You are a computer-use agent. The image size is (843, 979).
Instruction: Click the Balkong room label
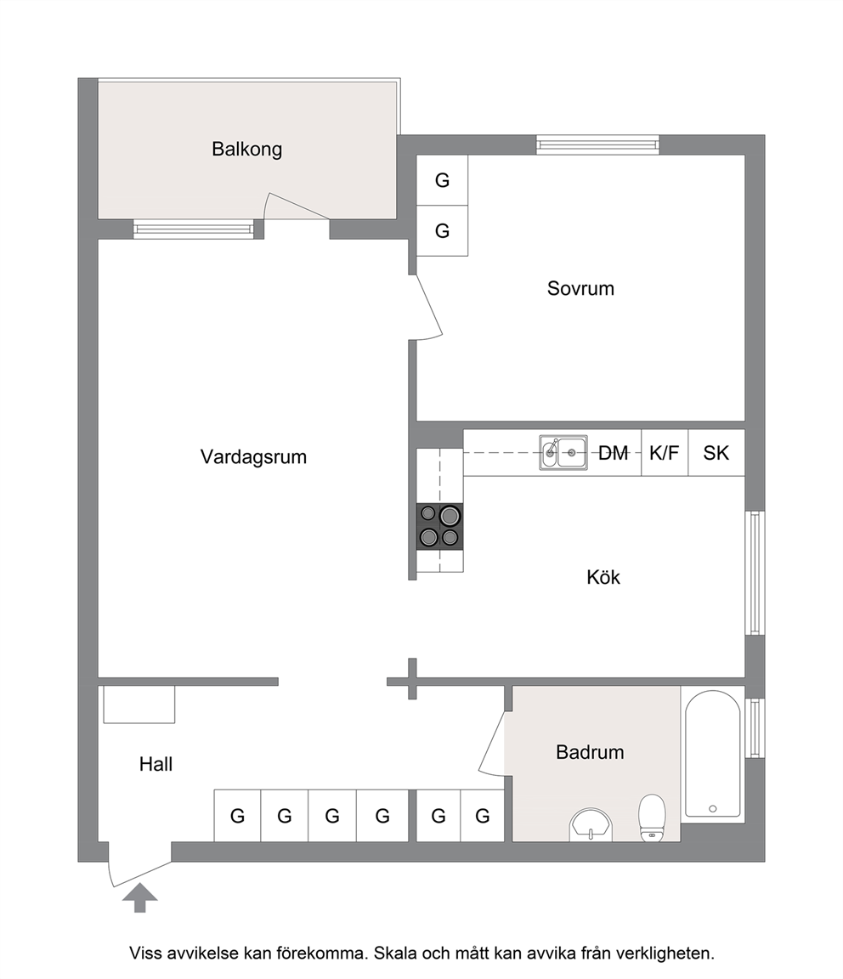[246, 150]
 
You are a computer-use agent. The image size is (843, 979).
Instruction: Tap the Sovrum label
[580, 288]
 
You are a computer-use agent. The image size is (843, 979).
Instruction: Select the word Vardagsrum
[253, 457]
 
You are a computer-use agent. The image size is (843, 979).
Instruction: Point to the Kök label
[603, 577]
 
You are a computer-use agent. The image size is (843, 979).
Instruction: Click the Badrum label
[590, 752]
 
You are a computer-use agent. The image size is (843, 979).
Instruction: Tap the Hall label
[156, 764]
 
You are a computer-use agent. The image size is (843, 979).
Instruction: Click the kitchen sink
[563, 453]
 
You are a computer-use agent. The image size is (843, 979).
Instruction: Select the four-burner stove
[440, 526]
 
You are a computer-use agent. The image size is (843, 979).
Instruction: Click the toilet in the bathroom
[652, 818]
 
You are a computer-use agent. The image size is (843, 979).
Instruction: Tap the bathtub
[712, 754]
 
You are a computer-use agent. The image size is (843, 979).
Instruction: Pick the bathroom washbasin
[591, 825]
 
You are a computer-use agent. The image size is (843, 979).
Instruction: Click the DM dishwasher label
[614, 453]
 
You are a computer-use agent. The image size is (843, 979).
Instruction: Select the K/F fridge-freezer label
[664, 453]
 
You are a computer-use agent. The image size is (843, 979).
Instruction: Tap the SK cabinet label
[716, 453]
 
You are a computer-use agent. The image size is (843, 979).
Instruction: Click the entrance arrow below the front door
[140, 897]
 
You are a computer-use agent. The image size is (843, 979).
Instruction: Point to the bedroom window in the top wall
[597, 144]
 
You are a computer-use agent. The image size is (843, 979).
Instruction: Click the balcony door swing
[297, 206]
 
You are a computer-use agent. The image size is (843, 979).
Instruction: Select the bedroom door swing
[429, 308]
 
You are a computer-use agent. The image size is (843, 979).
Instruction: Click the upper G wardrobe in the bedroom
[442, 180]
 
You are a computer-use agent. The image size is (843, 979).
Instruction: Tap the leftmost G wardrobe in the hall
[237, 816]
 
